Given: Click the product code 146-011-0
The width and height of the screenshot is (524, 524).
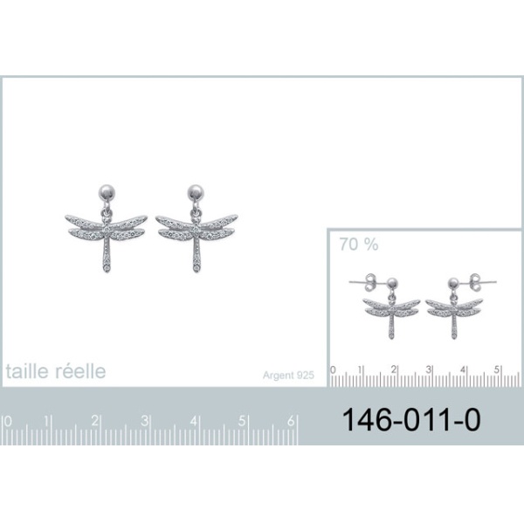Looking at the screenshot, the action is tap(411, 420).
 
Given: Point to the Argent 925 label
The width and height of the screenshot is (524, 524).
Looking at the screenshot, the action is tap(288, 376).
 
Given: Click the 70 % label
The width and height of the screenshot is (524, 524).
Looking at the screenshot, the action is tap(359, 245).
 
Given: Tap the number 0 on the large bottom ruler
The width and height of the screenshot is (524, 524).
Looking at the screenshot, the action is tap(8, 422).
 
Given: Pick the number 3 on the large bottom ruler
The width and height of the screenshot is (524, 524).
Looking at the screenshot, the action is tap(144, 421).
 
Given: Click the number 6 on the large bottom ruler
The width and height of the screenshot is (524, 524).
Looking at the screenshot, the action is tap(291, 421).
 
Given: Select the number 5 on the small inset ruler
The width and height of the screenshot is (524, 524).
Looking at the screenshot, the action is tap(497, 369).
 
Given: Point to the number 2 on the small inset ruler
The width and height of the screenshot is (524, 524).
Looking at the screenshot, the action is tap(394, 369).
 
